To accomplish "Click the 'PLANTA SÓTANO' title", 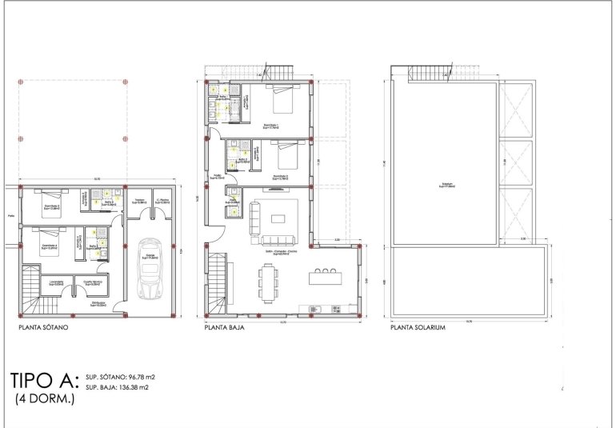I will coord(43,328).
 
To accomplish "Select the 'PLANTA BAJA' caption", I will coord(224,328).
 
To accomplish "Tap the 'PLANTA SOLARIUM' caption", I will coord(418,328).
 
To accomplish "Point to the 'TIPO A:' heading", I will coord(45,379).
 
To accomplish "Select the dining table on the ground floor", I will coord(269,281).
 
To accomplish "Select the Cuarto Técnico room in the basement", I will coord(92,284).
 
